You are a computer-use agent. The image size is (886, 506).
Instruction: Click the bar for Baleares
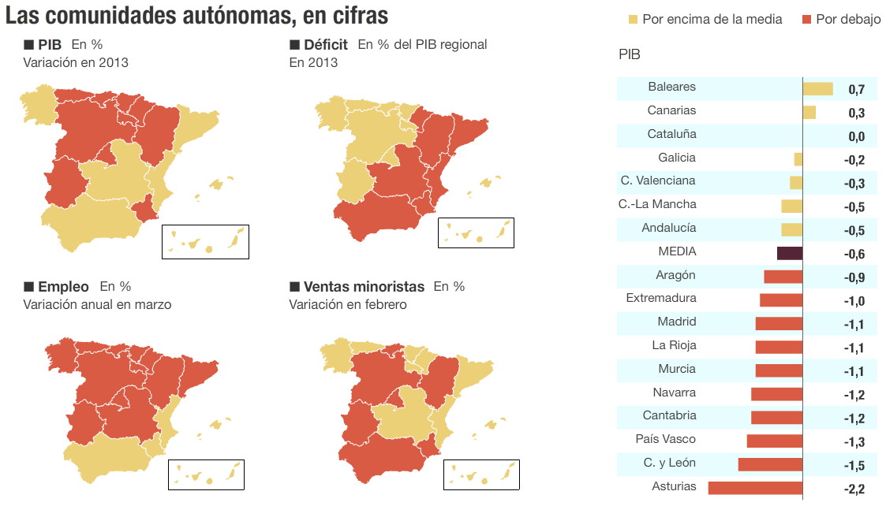pos(817,89)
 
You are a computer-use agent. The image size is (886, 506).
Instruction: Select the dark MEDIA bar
pos(790,253)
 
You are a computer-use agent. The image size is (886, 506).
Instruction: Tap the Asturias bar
pos(755,488)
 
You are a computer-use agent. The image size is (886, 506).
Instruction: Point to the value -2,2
pos(854,489)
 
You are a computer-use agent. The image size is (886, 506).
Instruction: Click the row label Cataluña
pos(671,134)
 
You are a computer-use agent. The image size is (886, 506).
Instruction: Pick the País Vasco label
pos(665,439)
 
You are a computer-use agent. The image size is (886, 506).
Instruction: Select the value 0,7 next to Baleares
pos(856,90)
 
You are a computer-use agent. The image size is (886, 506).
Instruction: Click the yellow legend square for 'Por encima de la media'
pos(633,19)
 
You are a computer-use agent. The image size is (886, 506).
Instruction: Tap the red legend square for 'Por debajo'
pos(807,19)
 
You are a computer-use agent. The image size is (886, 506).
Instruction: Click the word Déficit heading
pos(326,45)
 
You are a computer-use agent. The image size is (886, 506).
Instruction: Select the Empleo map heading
pos(63,287)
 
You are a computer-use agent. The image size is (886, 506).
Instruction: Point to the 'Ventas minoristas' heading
pos(364,287)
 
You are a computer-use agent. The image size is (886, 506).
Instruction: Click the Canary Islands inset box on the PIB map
pos(205,241)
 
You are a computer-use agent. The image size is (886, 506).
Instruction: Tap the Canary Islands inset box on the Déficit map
pos(476,233)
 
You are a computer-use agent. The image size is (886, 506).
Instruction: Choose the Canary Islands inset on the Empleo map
pos(206,474)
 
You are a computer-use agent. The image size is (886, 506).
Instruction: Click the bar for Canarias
pos(809,113)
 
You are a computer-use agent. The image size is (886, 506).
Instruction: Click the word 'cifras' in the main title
pos(354,16)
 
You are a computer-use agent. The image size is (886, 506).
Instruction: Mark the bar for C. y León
pos(770,464)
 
